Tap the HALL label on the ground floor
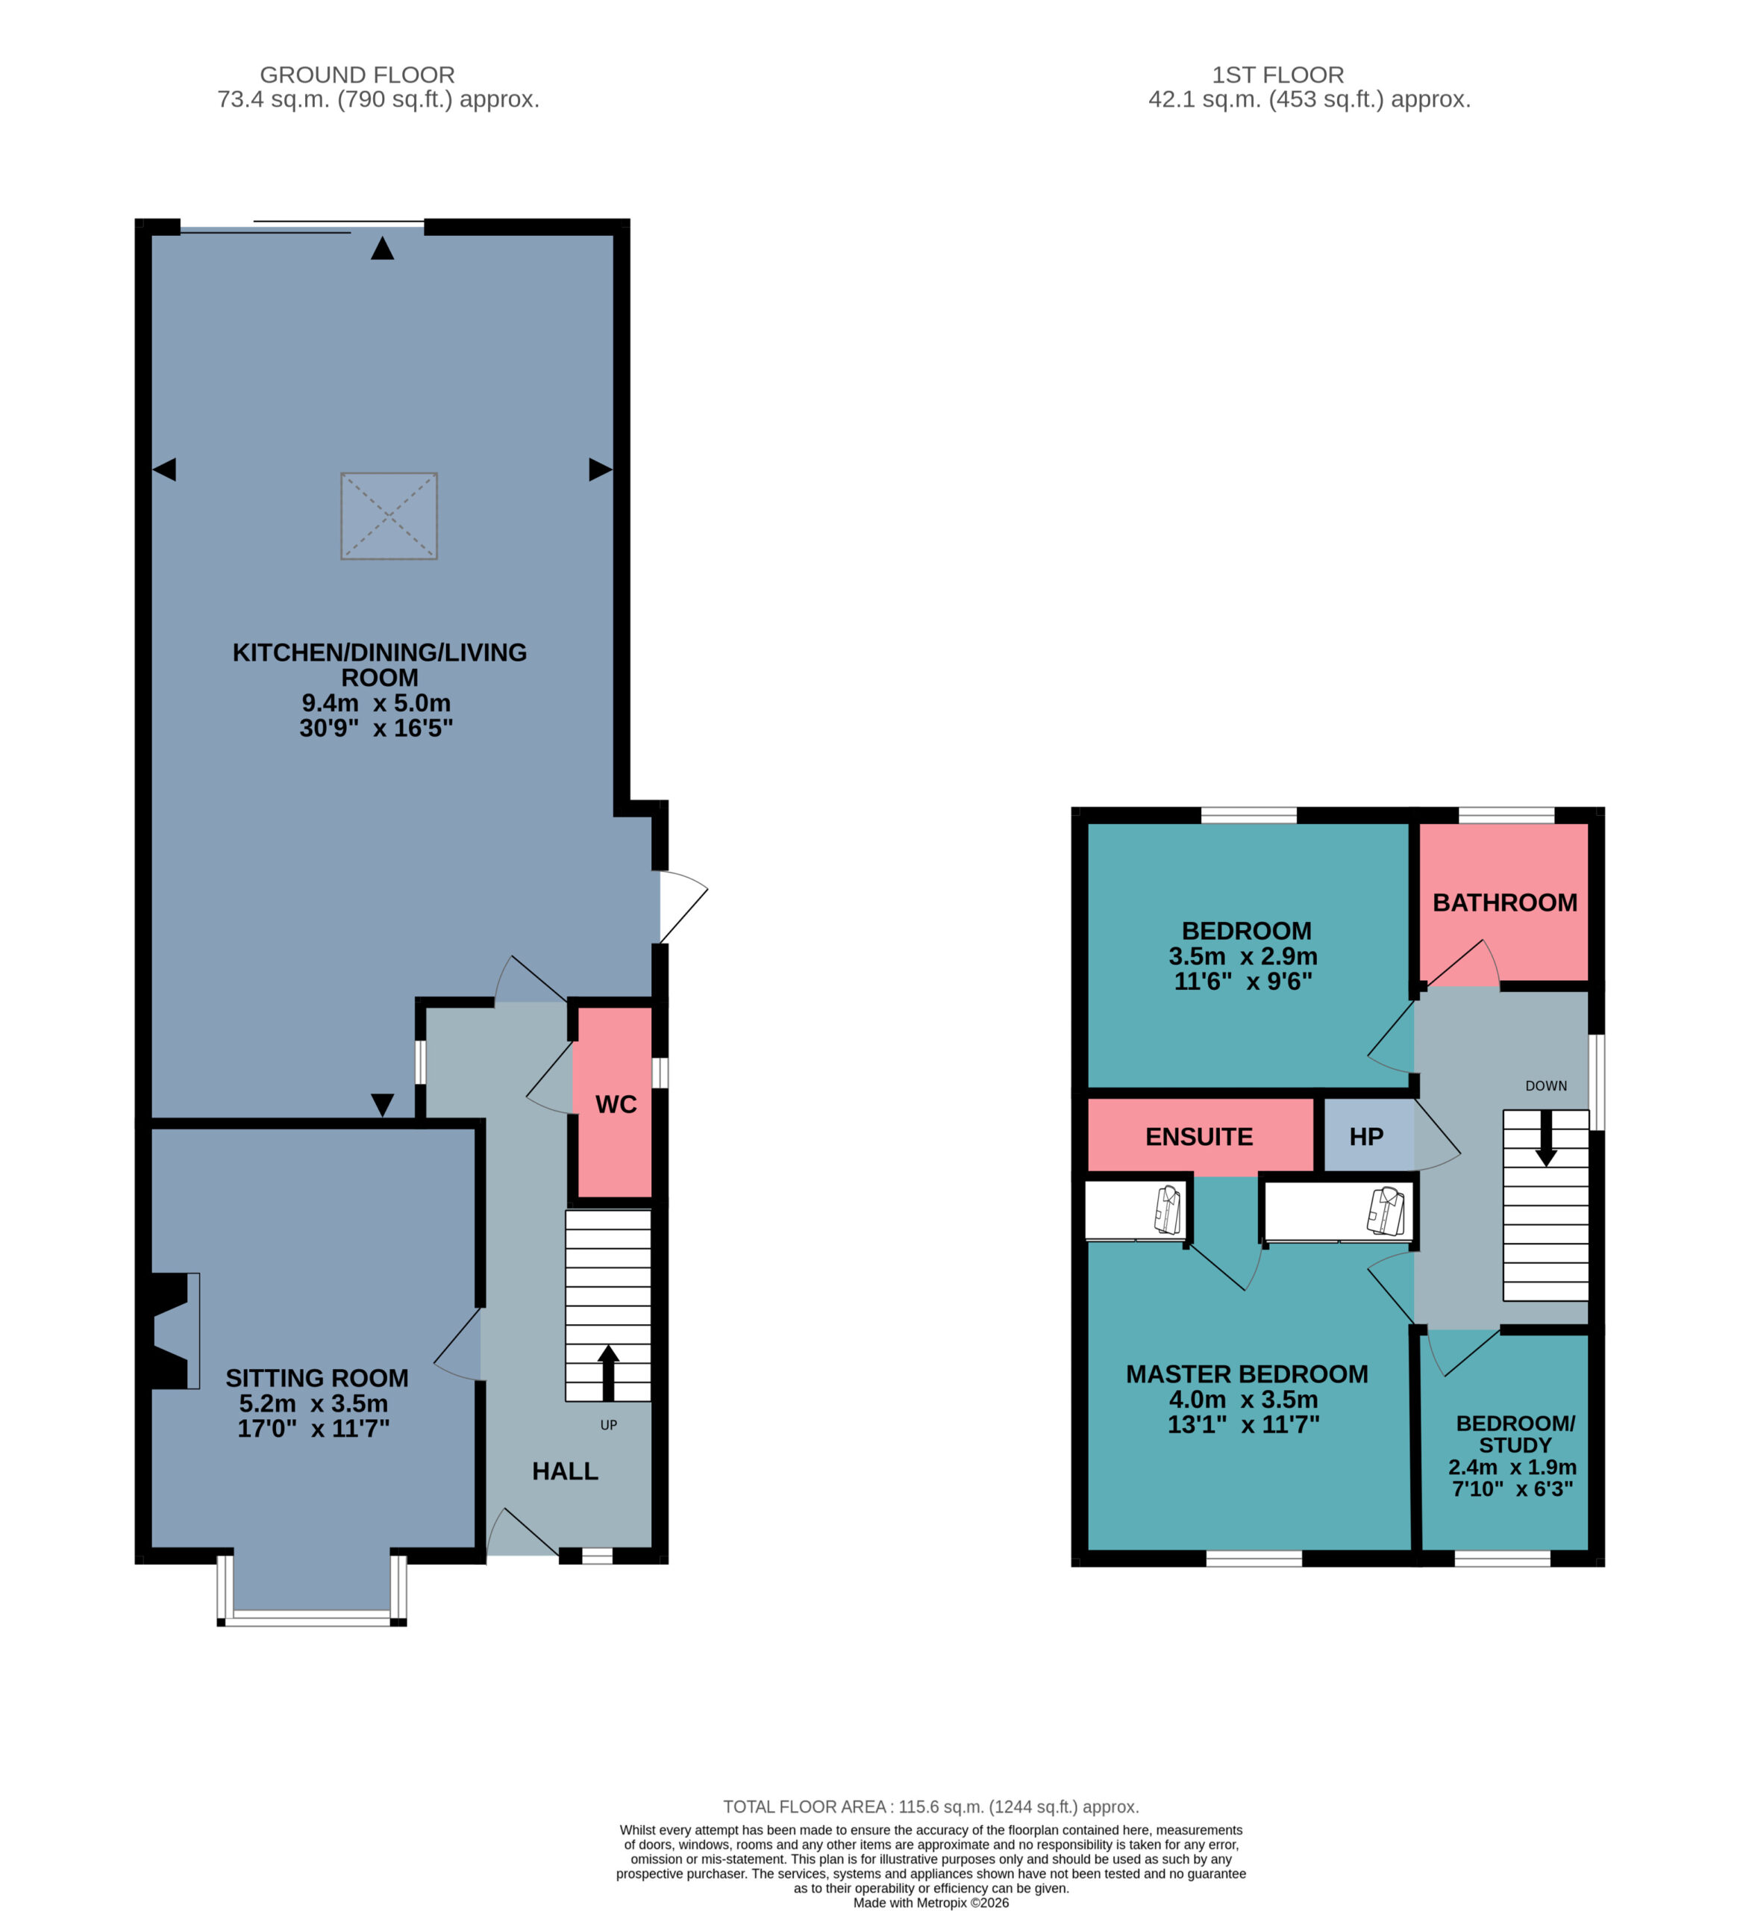click(x=565, y=1471)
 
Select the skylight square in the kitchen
click(x=389, y=516)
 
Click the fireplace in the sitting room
click(x=171, y=1331)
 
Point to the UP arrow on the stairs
click(x=608, y=1373)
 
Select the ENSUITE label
click(x=1199, y=1137)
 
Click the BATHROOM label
click(x=1505, y=902)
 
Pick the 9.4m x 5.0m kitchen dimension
click(x=376, y=702)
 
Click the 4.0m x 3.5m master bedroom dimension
click(x=1243, y=1399)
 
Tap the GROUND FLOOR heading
click(x=357, y=75)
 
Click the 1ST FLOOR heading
click(x=1277, y=75)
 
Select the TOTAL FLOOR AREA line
click(x=930, y=1806)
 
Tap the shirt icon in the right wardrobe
click(x=1386, y=1211)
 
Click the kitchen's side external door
click(x=683, y=906)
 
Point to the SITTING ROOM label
click(x=316, y=1378)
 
